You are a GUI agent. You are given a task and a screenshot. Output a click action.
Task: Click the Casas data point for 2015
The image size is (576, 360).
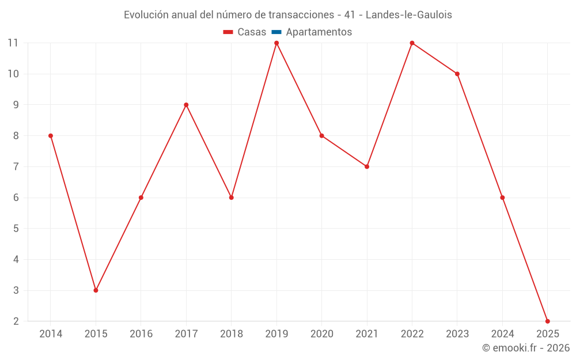tap(96, 290)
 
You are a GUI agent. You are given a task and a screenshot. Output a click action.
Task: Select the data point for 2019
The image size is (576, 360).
tap(276, 43)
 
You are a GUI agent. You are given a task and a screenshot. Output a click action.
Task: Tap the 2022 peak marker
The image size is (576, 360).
tap(412, 43)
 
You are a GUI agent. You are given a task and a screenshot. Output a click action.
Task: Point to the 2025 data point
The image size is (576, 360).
tap(547, 321)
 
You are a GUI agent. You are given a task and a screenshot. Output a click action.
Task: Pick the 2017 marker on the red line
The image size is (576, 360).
tap(186, 105)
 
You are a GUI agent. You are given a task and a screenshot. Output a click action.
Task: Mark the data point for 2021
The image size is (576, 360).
tap(367, 166)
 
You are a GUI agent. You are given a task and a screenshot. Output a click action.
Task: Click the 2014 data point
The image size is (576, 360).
tap(51, 136)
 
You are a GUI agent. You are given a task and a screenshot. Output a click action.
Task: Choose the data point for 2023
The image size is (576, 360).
tap(457, 74)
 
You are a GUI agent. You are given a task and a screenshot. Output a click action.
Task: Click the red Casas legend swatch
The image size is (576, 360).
tap(228, 32)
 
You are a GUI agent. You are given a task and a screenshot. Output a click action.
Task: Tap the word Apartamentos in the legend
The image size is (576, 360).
tap(319, 32)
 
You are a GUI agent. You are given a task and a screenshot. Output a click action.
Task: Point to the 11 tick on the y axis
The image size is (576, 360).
tap(13, 43)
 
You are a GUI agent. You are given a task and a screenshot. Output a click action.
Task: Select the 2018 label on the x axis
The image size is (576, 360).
tap(232, 334)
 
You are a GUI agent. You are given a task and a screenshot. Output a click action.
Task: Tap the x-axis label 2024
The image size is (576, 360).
tap(502, 334)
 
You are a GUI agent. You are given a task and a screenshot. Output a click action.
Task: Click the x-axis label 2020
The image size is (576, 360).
tap(322, 334)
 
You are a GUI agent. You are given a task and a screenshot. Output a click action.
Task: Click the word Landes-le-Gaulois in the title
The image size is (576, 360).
tap(408, 15)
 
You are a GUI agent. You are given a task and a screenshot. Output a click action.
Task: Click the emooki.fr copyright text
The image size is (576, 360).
tap(526, 348)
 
